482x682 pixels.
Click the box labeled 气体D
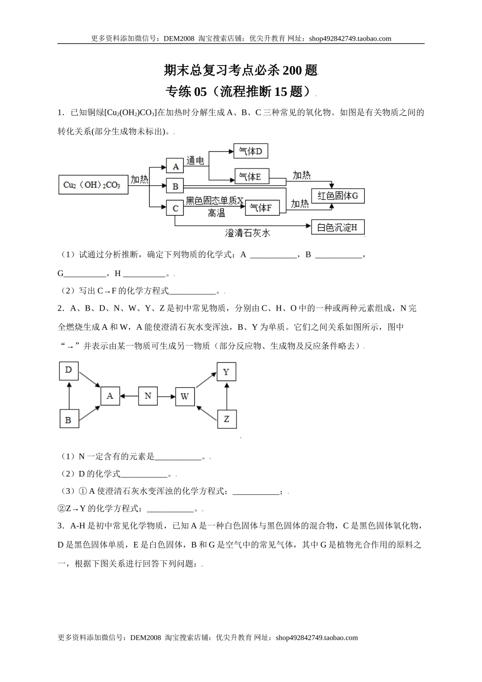(x=250, y=151)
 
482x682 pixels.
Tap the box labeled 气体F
(x=262, y=208)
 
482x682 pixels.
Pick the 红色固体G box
(x=338, y=195)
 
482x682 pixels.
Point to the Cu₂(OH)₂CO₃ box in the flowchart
(x=92, y=185)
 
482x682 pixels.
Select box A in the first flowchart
(x=175, y=166)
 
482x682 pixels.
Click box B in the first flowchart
(x=175, y=186)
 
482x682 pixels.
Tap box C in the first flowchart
(x=175, y=208)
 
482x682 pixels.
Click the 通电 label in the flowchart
(x=195, y=161)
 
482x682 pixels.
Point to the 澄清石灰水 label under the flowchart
(x=248, y=233)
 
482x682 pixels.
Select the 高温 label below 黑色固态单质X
(x=217, y=214)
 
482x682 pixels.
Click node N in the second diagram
(x=148, y=396)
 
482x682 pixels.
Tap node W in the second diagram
(x=185, y=396)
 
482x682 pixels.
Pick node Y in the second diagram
(x=226, y=372)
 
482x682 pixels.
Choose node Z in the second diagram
(x=226, y=419)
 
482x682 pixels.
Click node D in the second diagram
(x=68, y=370)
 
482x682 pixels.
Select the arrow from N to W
(x=166, y=396)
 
